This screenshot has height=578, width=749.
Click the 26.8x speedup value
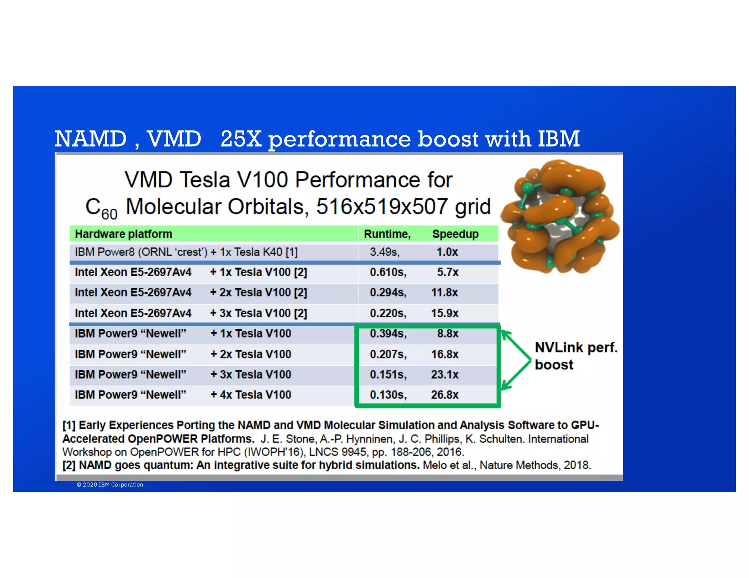444,395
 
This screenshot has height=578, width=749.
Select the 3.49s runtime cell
384,252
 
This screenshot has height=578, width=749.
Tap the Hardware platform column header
124,234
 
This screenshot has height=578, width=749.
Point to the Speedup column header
455,234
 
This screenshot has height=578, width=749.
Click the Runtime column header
387,234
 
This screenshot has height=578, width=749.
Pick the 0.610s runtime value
388,272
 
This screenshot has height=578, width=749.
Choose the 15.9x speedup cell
444,313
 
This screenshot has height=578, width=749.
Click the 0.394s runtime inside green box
388,333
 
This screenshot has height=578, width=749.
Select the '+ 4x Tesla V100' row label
251,395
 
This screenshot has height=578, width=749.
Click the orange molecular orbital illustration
560,217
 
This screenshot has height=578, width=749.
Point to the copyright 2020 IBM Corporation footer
110,484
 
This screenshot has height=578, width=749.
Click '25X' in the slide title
241,139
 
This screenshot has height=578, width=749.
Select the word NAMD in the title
91,139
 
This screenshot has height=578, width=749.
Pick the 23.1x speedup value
444,374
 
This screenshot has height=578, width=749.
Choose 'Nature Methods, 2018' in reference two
535,465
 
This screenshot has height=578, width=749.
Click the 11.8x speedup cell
444,292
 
